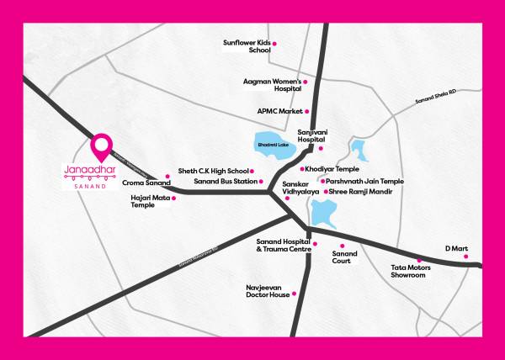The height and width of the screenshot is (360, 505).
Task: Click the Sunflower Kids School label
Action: pyautogui.click(x=245, y=46)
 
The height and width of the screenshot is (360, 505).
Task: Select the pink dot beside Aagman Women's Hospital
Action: pyautogui.click(x=306, y=82)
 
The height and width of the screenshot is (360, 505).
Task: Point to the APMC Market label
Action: pyautogui.click(x=279, y=111)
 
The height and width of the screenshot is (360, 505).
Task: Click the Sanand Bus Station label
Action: pyautogui.click(x=226, y=181)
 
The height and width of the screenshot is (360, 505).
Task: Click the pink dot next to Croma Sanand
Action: pyautogui.click(x=167, y=176)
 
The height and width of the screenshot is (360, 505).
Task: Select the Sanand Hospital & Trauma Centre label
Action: pyautogui.click(x=284, y=246)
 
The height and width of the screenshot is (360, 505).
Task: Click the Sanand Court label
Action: pyautogui.click(x=344, y=257)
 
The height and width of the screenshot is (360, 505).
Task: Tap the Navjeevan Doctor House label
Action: pyautogui.click(x=268, y=291)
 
